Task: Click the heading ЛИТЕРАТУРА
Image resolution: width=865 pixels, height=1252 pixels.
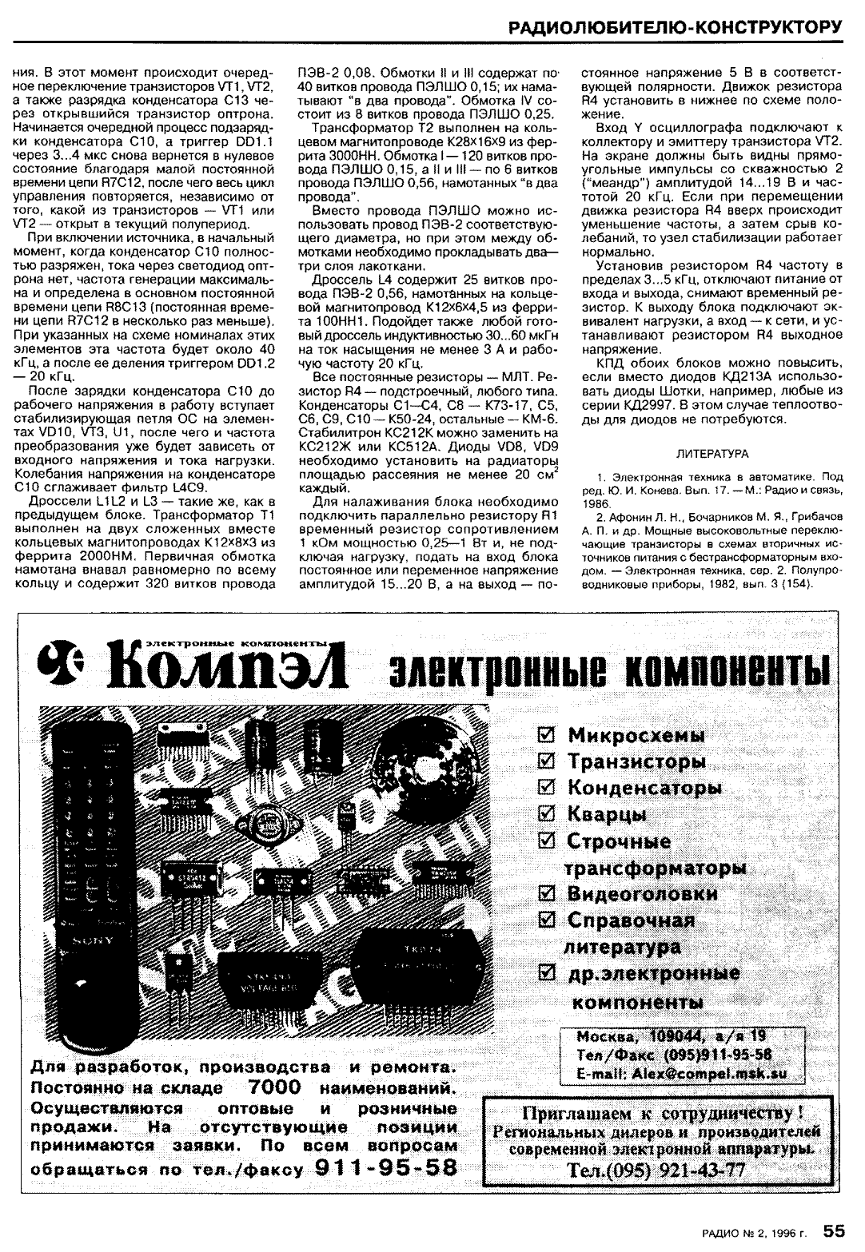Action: pos(712,453)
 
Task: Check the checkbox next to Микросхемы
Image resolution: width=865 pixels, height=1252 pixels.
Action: pos(548,734)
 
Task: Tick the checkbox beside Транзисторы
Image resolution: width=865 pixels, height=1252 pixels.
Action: pos(548,761)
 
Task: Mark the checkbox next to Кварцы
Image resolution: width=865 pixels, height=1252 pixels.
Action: pos(548,814)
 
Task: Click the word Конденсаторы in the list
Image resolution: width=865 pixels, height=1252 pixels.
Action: pos(644,788)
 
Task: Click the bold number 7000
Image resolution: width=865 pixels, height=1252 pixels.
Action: pos(273,1087)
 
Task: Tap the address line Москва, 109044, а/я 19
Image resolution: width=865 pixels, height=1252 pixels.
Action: pos(670,1037)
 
